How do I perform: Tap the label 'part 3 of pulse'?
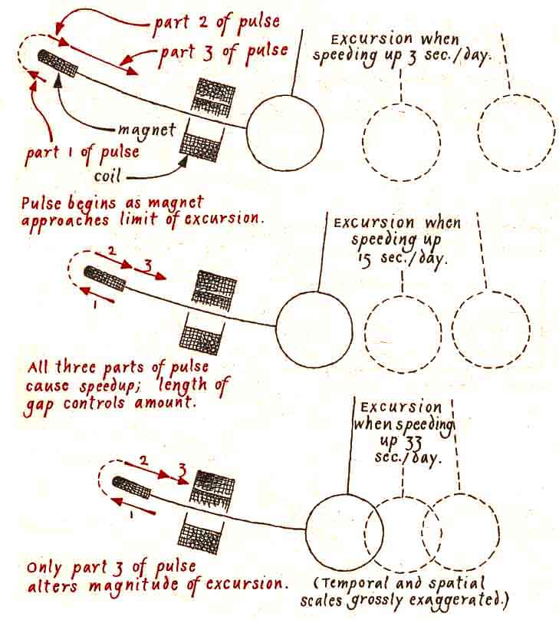[225, 52]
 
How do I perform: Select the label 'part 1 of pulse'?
[82, 151]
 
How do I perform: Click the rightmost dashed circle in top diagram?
[516, 131]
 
